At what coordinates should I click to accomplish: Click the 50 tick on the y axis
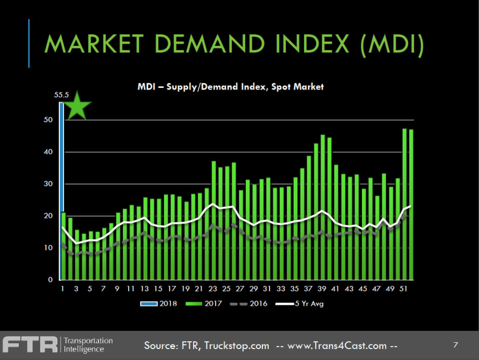(48, 120)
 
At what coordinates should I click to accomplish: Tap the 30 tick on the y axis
(48, 184)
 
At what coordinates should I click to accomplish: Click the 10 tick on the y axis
(48, 248)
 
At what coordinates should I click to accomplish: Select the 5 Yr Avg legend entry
(304, 303)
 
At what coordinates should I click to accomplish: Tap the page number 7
(456, 344)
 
